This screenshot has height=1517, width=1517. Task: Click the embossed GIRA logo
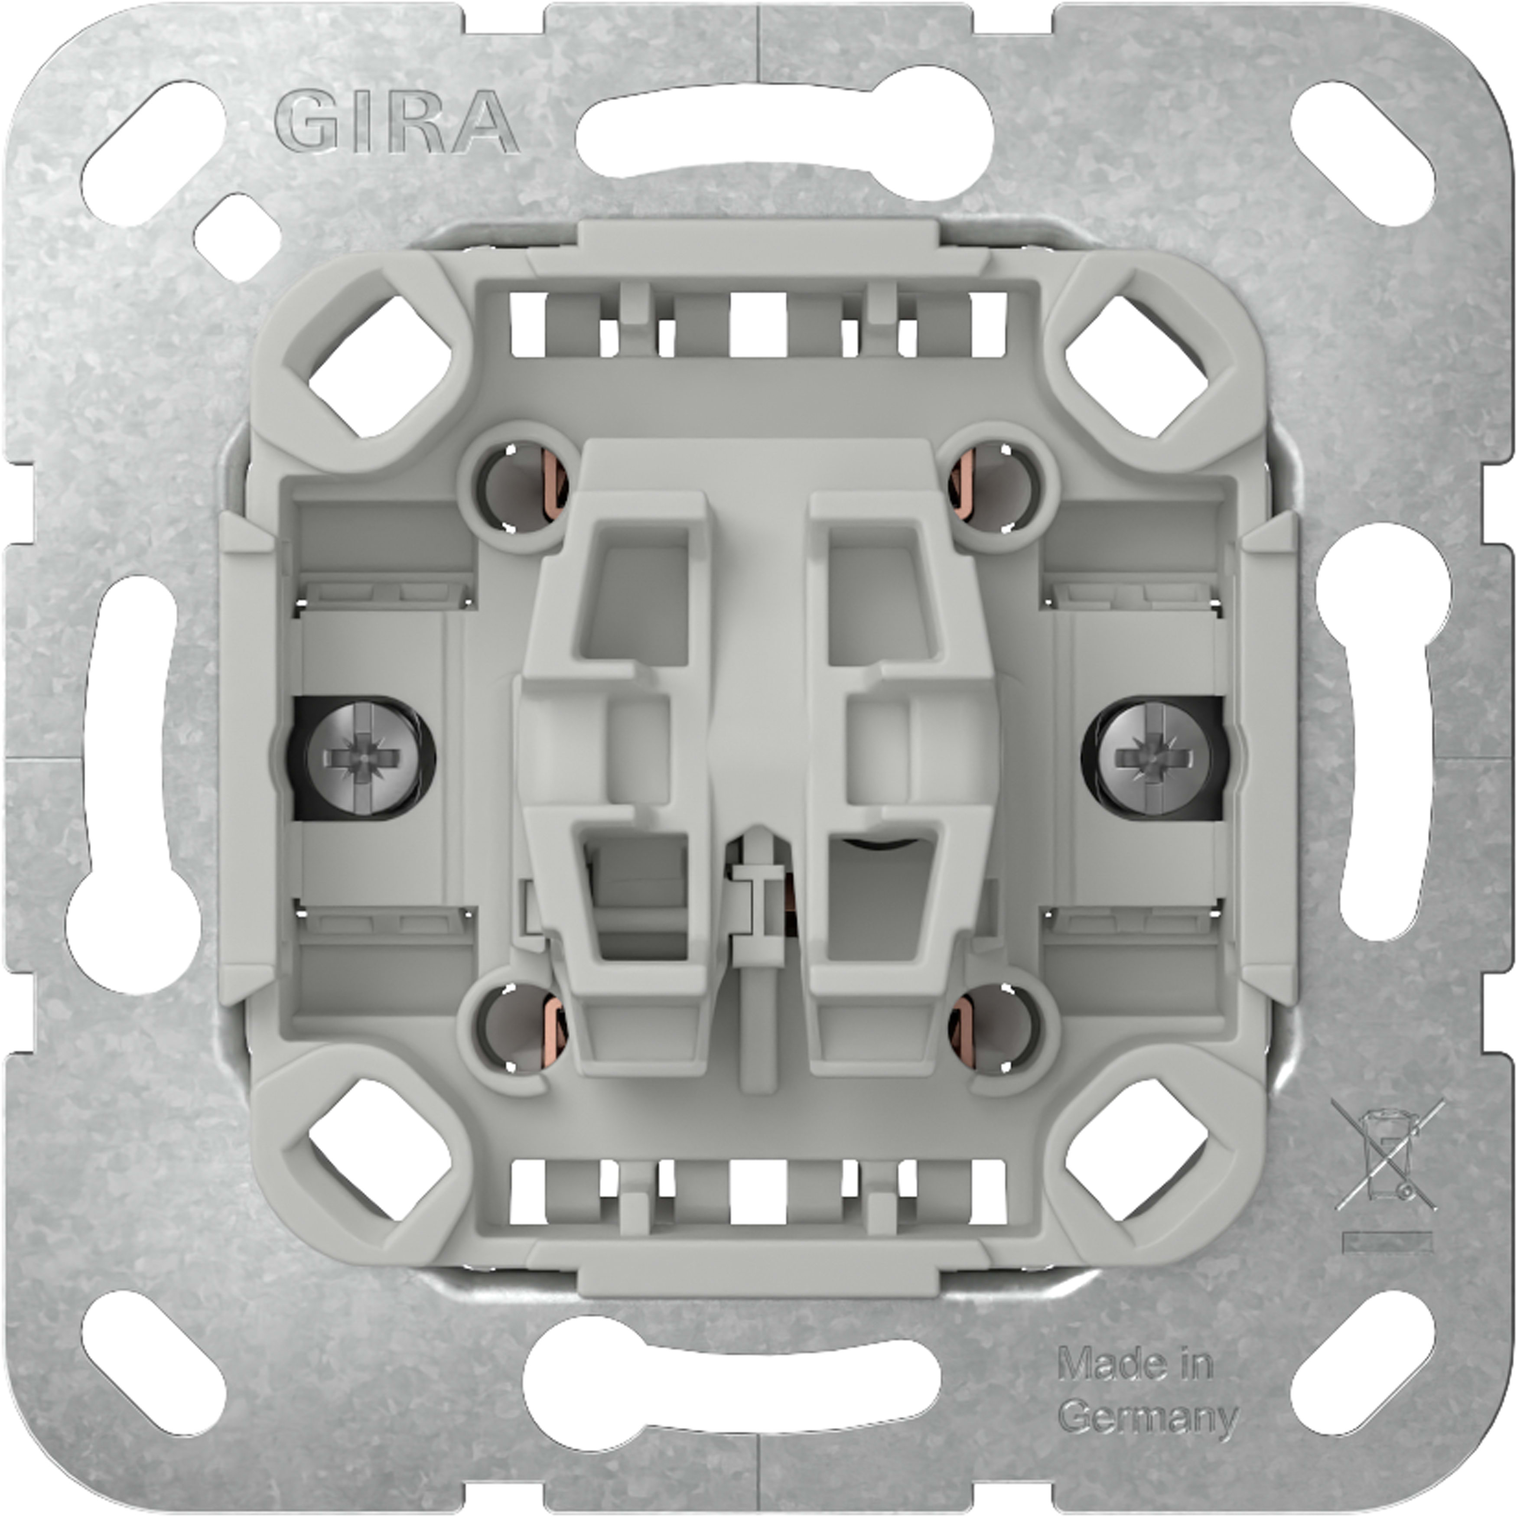pyautogui.click(x=397, y=122)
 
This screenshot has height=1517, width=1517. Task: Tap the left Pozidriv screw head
pyautogui.click(x=363, y=757)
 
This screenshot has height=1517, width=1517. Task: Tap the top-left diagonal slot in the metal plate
pyautogui.click(x=153, y=153)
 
